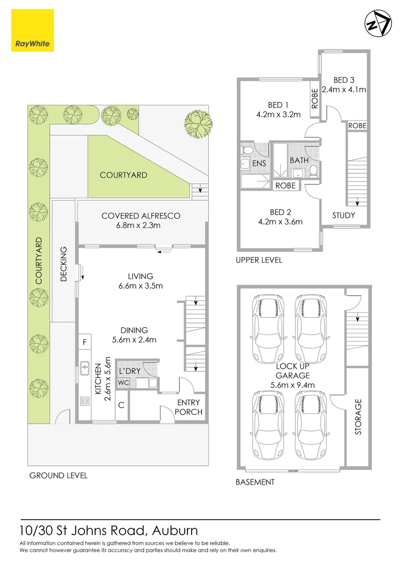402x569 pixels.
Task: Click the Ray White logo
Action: click(32, 31)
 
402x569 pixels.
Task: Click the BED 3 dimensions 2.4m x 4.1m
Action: click(344, 90)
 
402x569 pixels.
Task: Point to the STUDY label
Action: click(344, 215)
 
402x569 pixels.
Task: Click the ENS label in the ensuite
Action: click(259, 163)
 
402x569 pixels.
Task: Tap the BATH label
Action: click(299, 160)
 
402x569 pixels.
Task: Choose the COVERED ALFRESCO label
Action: click(140, 215)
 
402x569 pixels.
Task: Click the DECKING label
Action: click(64, 264)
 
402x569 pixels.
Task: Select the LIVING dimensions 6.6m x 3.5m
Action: click(140, 286)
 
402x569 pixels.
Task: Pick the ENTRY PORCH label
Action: click(188, 407)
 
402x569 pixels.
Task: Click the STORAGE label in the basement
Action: click(358, 417)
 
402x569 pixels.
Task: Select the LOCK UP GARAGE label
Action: click(293, 370)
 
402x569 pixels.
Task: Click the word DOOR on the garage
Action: click(293, 470)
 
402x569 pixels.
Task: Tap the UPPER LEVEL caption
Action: click(259, 260)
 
